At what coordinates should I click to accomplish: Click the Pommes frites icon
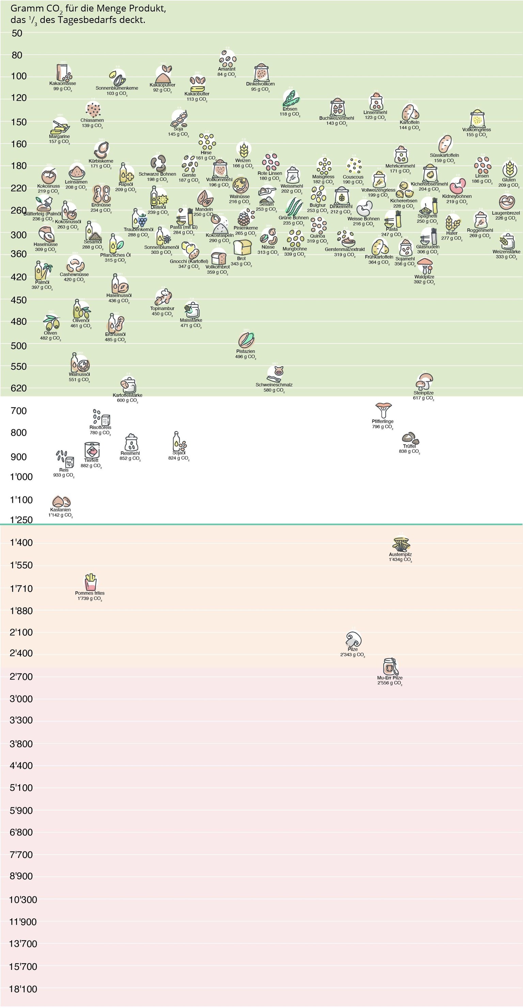(91, 581)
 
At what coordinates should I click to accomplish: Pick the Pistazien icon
(246, 340)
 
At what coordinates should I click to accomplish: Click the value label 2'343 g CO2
(352, 655)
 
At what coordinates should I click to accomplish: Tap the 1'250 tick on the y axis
(21, 519)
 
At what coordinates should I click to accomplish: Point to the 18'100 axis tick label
(23, 989)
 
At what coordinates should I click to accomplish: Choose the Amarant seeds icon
(227, 59)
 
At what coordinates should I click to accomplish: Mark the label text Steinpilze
(424, 393)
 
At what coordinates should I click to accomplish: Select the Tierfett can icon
(92, 450)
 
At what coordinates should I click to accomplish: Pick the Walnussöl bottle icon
(80, 363)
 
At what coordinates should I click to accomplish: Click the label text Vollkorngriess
(476, 129)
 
